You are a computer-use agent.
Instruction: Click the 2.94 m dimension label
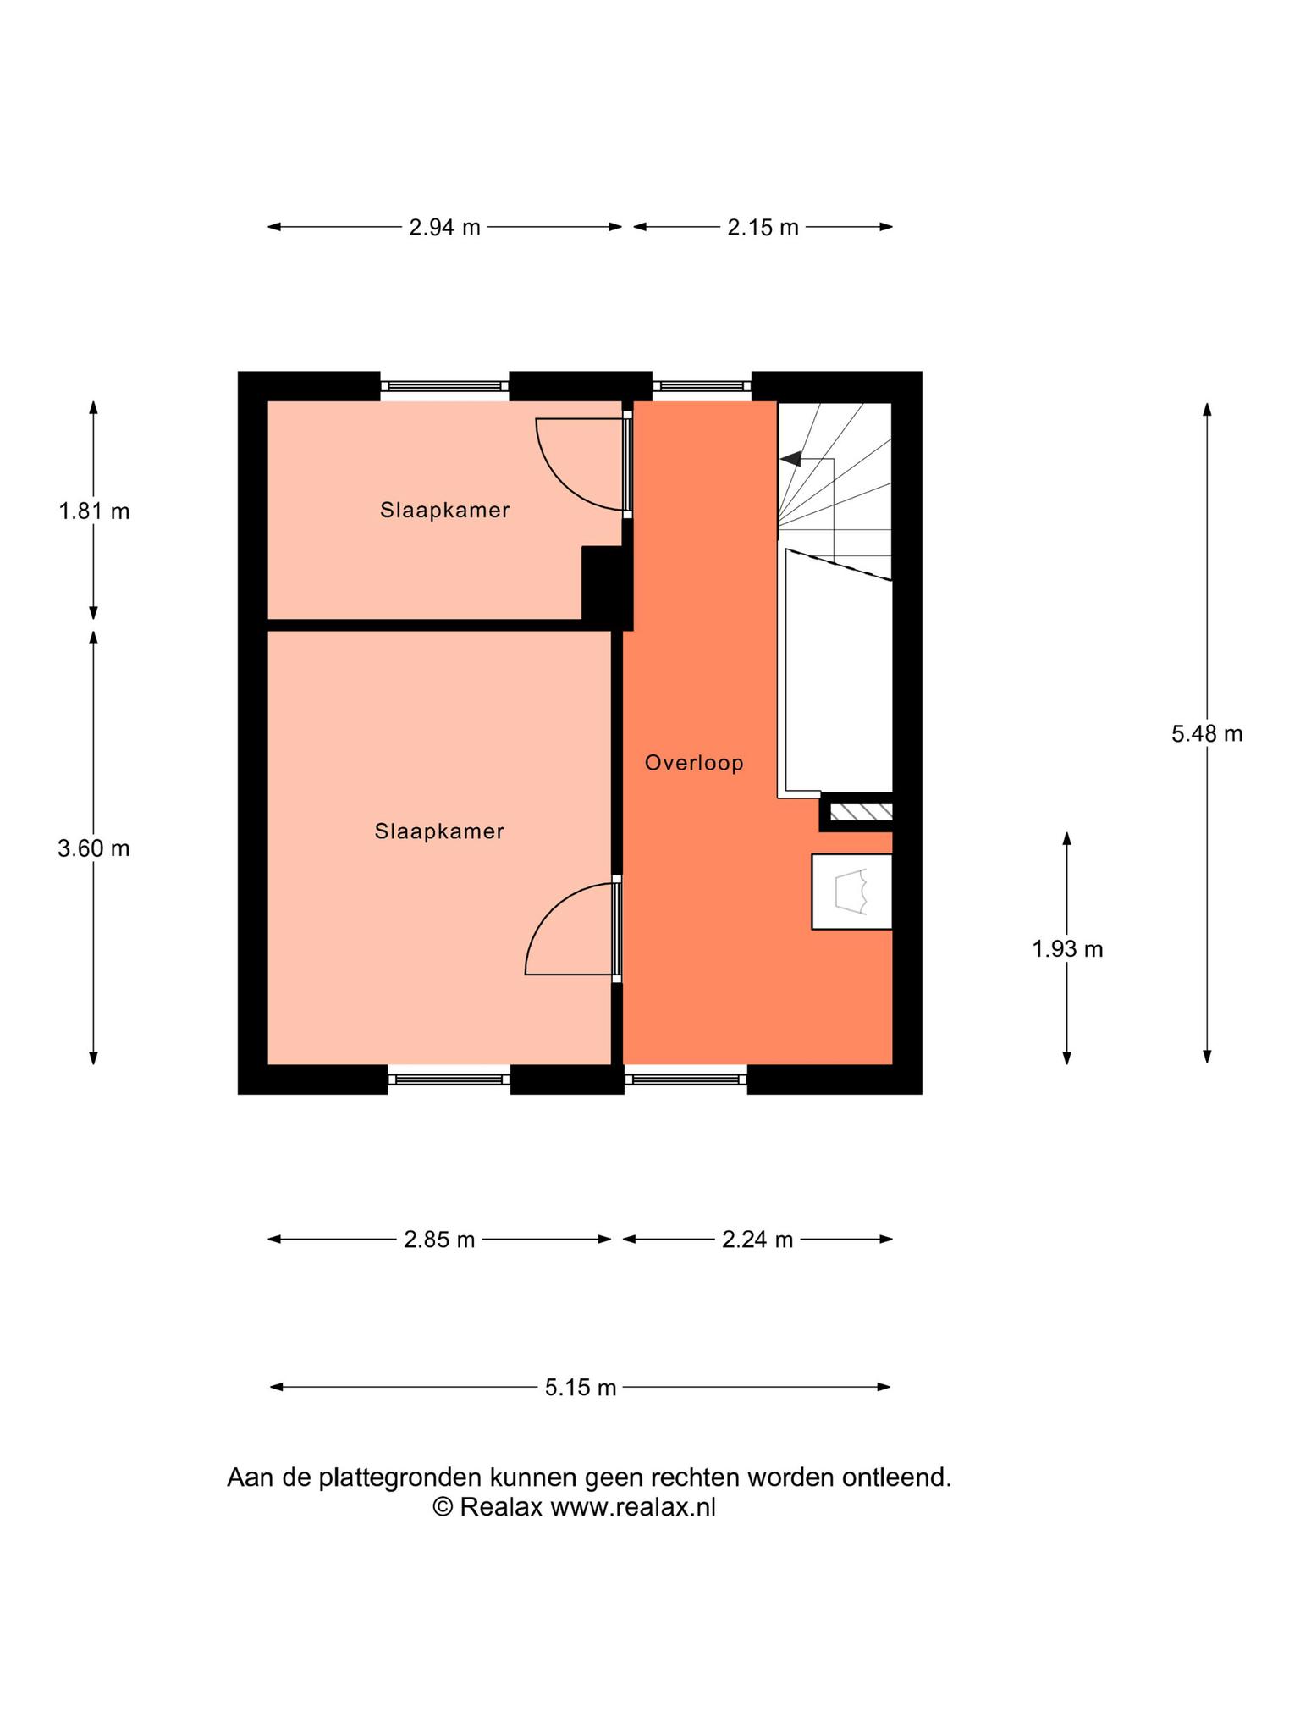(x=444, y=227)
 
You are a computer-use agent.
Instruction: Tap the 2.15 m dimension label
(x=763, y=227)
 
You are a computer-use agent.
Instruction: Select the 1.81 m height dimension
(x=94, y=511)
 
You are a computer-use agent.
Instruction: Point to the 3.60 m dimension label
(x=94, y=848)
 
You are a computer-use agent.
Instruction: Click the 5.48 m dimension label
(x=1207, y=733)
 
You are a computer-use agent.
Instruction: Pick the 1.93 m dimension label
(x=1067, y=949)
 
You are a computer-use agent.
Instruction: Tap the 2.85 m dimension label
(x=439, y=1240)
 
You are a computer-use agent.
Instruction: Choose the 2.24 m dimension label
(x=757, y=1240)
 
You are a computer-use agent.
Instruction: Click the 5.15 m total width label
(x=581, y=1388)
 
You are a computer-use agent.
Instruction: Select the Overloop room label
(x=694, y=763)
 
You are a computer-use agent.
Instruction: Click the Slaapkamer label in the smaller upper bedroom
(x=444, y=511)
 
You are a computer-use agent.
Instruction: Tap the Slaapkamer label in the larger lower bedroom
(x=439, y=831)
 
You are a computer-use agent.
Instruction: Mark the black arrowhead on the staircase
(x=790, y=459)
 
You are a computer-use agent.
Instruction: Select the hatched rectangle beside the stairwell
(x=860, y=813)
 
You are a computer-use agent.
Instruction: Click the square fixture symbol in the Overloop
(x=851, y=892)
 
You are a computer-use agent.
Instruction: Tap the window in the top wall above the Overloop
(x=702, y=386)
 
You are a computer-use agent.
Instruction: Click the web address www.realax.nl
(x=633, y=1508)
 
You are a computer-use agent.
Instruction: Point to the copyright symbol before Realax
(x=443, y=1507)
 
